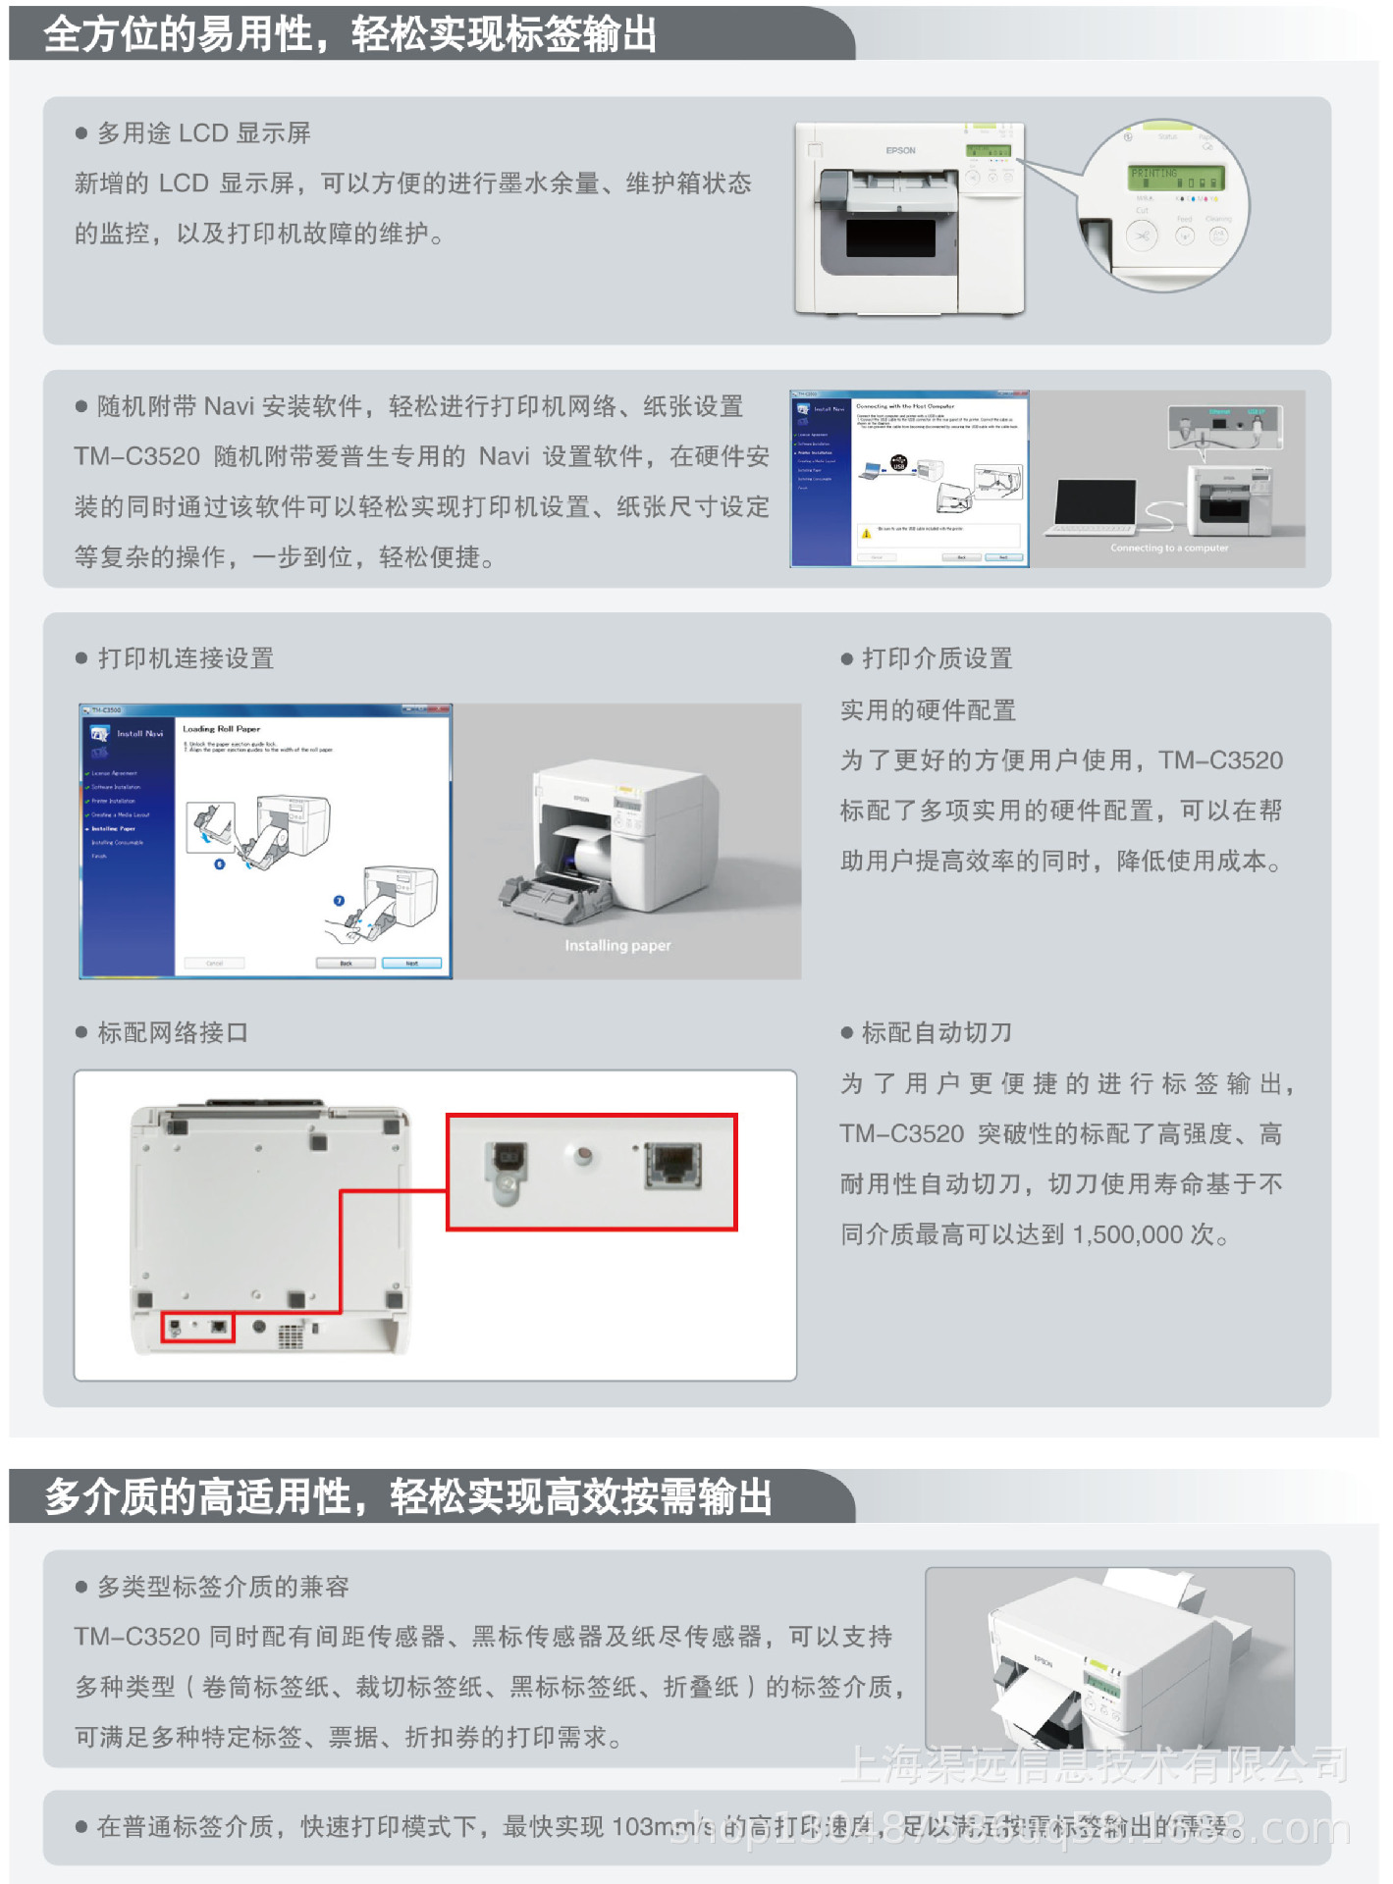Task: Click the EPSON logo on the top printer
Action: coord(900,151)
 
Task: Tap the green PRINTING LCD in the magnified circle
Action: coord(1175,178)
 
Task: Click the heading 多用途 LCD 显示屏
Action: coord(203,133)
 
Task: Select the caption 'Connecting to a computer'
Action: coord(1169,549)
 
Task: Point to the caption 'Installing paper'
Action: coord(617,946)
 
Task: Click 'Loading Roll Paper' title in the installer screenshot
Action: coord(222,729)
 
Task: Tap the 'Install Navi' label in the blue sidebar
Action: coord(139,734)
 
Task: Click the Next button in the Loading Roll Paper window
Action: coord(411,964)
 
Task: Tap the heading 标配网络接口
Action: coord(173,1033)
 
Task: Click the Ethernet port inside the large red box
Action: coord(673,1166)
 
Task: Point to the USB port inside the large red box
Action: coord(507,1164)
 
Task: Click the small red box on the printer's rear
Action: coord(197,1328)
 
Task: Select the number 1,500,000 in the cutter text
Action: coord(1128,1235)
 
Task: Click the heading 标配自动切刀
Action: coord(937,1033)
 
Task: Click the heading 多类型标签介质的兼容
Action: coord(223,1588)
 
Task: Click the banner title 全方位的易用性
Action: coord(177,35)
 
